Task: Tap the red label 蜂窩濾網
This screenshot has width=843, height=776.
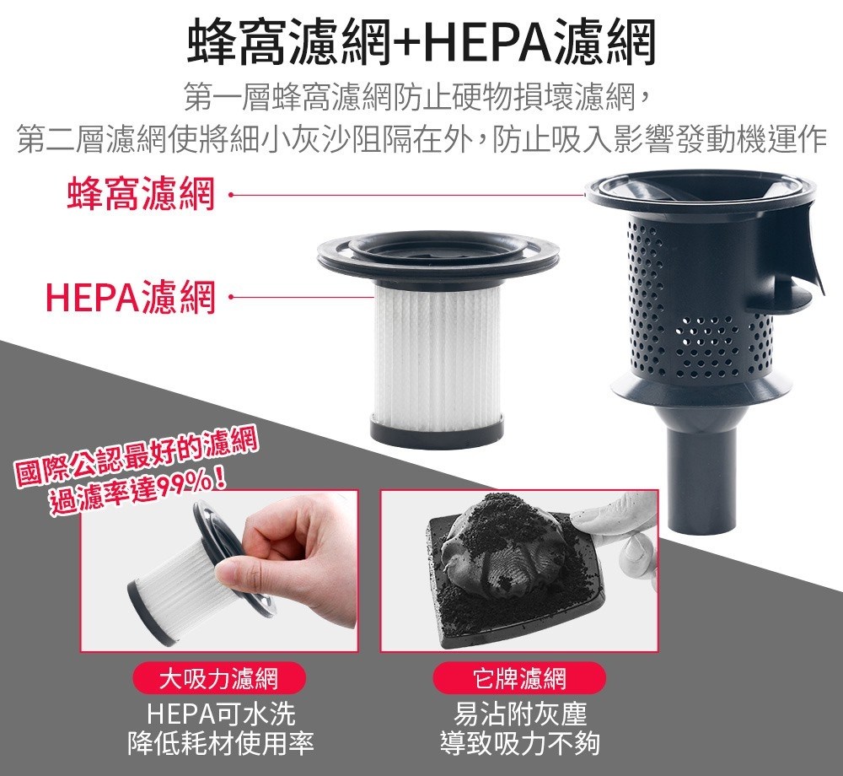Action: pyautogui.click(x=142, y=193)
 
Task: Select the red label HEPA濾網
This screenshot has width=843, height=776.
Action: pyautogui.click(x=131, y=297)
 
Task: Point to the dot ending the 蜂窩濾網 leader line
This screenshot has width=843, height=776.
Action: pyautogui.click(x=231, y=195)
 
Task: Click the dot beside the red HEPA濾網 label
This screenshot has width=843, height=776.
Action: pyautogui.click(x=231, y=296)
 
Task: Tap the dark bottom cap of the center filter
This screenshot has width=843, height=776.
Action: pyautogui.click(x=437, y=429)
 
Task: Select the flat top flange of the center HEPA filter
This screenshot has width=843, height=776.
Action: pyautogui.click(x=438, y=253)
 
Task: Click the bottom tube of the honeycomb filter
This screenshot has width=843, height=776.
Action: pyautogui.click(x=701, y=473)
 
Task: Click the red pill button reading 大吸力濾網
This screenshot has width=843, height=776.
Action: pyautogui.click(x=219, y=678)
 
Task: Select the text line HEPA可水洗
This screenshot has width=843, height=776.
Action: pyautogui.click(x=220, y=714)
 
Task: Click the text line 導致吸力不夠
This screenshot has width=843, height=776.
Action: pyautogui.click(x=519, y=744)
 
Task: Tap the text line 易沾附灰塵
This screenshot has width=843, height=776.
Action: pyautogui.click(x=519, y=714)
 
